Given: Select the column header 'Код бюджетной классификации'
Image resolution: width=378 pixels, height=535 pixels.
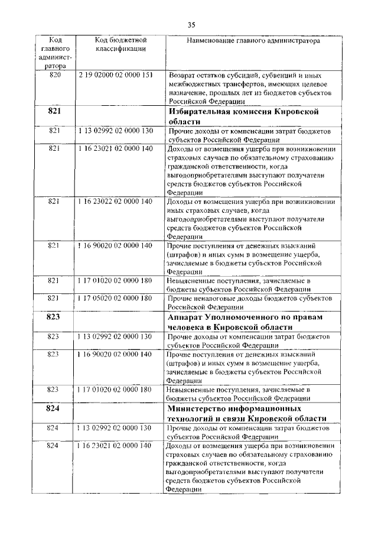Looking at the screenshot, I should click(120, 44).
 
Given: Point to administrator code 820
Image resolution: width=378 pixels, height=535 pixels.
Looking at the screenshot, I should click(55, 76).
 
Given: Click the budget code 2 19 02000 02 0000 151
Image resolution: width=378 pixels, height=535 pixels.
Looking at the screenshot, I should click(116, 76).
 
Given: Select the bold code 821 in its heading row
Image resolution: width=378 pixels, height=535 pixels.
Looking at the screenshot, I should click(54, 111).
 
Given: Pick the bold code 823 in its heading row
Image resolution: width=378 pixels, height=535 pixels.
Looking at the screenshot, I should click(54, 317).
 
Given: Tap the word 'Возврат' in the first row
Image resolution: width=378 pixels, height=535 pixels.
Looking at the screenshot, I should click(183, 76).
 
